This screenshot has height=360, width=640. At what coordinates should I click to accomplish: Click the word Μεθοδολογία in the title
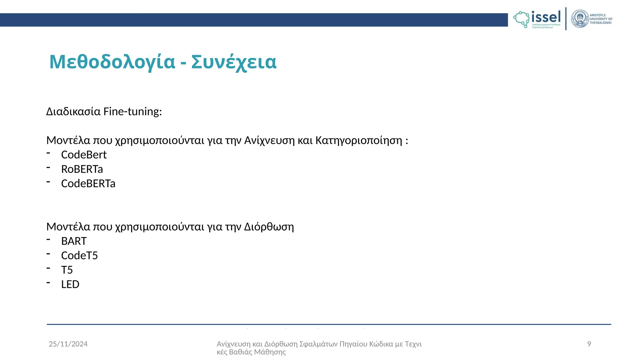(x=112, y=62)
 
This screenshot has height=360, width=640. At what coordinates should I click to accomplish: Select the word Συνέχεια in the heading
(x=234, y=62)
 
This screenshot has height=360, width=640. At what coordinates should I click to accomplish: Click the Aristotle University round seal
(x=580, y=19)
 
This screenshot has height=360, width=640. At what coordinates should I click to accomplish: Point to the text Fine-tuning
(x=132, y=112)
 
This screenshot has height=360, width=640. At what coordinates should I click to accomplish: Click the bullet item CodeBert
(x=84, y=155)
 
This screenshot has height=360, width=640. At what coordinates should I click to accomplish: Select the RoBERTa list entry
(x=82, y=169)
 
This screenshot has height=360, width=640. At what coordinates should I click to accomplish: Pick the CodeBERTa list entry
(x=88, y=183)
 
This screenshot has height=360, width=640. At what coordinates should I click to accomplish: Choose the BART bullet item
(x=74, y=241)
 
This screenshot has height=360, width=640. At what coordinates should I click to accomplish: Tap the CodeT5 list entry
(x=79, y=256)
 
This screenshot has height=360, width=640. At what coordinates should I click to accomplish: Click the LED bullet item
(x=70, y=284)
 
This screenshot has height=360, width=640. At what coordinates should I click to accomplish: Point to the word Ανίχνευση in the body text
(x=269, y=140)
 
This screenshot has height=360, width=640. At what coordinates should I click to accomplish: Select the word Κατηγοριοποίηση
(x=359, y=140)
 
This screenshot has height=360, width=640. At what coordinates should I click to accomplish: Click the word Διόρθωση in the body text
(x=269, y=227)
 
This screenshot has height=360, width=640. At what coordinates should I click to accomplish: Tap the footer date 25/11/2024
(x=68, y=344)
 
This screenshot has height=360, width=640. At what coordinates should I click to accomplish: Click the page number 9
(x=589, y=344)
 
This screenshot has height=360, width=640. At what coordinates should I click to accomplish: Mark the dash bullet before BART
(x=48, y=240)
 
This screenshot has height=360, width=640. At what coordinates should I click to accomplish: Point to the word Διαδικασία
(x=73, y=112)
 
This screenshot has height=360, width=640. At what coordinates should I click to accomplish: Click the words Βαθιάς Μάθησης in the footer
(x=257, y=352)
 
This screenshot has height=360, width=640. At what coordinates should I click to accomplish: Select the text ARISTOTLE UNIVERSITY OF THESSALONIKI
(x=601, y=19)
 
